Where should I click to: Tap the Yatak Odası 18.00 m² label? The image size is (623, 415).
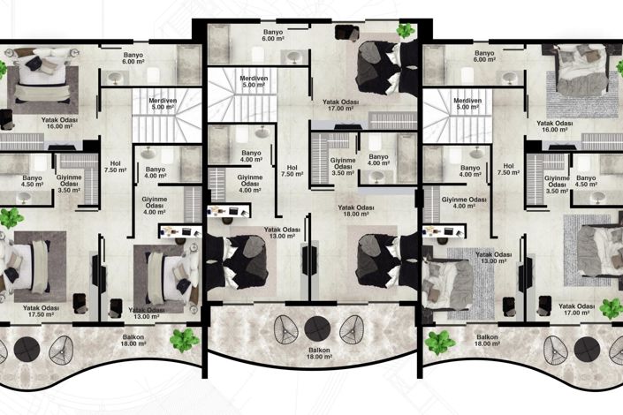tap(355, 210)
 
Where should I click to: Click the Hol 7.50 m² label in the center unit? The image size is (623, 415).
tap(292, 170)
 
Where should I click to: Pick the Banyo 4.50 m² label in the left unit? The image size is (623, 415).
tap(32, 181)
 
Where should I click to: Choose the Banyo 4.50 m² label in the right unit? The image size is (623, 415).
tap(586, 181)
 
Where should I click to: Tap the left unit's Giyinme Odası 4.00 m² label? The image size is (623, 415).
tap(154, 206)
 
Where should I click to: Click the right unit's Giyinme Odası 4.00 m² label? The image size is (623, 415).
tap(464, 202)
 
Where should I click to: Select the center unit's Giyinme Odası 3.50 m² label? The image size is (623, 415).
tap(343, 166)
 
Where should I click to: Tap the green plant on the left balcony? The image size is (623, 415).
tap(184, 340)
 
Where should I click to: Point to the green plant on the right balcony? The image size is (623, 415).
tap(439, 343)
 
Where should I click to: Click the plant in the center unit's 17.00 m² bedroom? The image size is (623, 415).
tap(406, 31)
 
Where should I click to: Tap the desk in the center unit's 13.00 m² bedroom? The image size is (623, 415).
tap(229, 210)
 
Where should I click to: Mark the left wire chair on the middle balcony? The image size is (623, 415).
tap(285, 329)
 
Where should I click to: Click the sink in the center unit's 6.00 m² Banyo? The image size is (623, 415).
tap(293, 57)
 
